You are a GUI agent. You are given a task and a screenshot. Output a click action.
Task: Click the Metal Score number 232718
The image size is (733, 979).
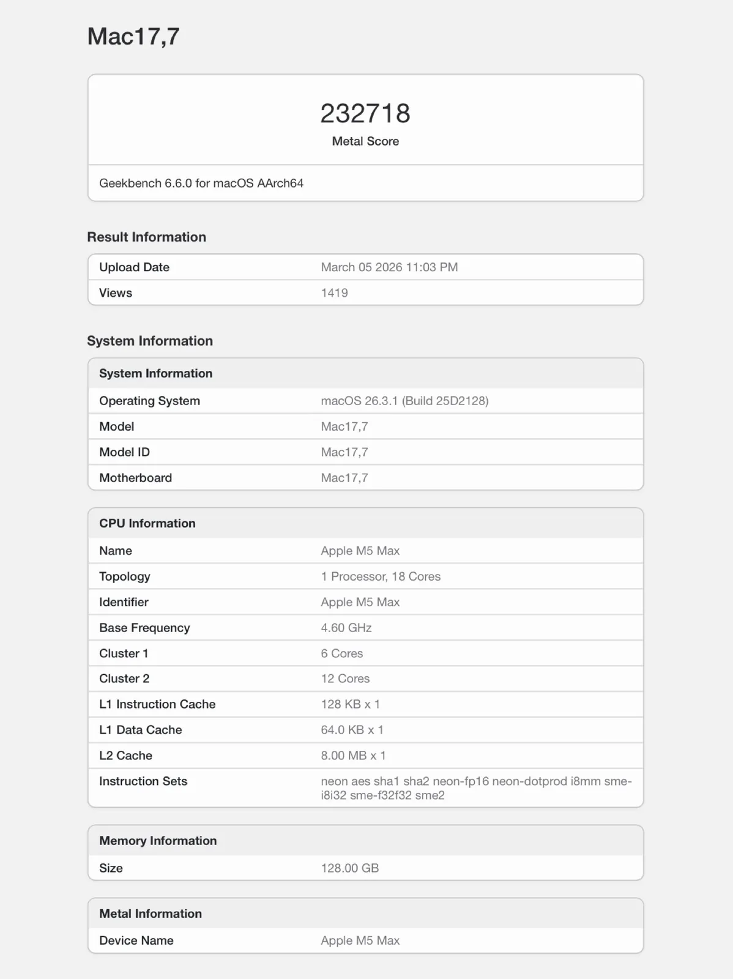point(365,114)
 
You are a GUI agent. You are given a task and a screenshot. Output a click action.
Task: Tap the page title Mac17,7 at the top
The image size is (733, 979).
point(133,37)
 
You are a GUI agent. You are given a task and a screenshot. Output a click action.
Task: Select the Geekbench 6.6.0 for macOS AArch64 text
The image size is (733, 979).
point(201,184)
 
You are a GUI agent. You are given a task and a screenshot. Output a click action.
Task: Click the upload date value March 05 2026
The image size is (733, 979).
point(389,267)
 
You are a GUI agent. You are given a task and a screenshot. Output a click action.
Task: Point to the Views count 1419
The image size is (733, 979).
point(334,293)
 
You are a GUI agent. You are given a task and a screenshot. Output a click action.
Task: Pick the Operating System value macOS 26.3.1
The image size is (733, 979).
point(404,401)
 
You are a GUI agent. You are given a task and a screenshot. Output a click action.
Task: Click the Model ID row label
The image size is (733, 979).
point(124,452)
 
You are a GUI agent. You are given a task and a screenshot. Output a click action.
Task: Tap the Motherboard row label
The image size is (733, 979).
point(135,478)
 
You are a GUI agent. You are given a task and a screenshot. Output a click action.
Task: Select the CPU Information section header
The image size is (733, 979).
point(147,523)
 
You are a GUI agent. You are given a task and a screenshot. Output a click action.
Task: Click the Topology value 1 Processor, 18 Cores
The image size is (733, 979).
point(381,576)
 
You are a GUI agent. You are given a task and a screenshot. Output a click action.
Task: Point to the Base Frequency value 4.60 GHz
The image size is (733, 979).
point(346,628)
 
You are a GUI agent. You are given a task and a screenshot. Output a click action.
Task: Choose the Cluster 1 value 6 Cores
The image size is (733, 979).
point(342,653)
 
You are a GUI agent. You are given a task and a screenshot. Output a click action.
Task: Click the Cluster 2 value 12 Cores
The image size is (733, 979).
point(345,679)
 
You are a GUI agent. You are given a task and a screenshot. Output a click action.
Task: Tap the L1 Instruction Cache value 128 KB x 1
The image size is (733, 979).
point(351,704)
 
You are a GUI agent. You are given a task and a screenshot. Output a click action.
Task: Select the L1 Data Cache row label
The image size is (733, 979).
point(141,730)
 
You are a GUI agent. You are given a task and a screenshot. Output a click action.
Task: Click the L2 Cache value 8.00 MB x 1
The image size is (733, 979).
point(353,756)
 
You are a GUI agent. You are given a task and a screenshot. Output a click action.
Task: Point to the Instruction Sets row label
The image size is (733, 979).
point(143,781)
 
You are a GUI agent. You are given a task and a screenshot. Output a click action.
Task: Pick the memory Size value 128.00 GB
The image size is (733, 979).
point(350,868)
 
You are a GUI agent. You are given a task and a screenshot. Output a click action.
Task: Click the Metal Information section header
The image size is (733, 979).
point(151,914)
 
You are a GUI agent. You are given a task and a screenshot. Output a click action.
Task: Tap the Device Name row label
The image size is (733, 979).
point(136,940)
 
